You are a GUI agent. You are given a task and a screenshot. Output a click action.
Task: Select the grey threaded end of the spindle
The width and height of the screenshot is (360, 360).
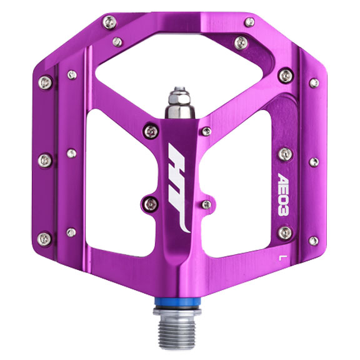(180, 327)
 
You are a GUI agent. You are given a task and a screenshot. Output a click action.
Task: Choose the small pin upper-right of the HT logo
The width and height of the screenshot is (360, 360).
(206, 131)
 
